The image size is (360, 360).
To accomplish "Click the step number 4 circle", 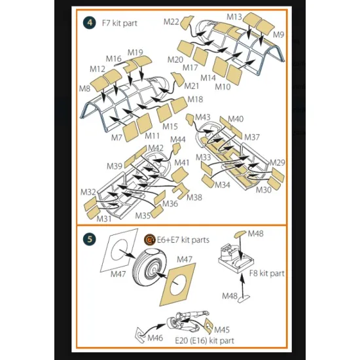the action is (90, 22).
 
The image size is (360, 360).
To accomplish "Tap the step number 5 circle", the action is (90, 239).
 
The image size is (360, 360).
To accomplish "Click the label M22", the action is (171, 22).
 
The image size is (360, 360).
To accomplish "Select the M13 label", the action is (234, 17).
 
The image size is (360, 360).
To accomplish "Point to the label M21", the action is (192, 86).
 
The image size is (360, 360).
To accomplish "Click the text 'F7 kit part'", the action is (119, 23).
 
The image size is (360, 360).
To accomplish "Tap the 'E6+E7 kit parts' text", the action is (183, 240).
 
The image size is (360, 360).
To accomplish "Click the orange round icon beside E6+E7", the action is (150, 240).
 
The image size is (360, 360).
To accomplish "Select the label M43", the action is (203, 117).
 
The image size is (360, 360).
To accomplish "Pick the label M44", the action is (178, 139).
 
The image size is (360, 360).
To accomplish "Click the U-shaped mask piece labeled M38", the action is (181, 191).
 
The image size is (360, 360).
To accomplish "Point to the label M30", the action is (264, 190).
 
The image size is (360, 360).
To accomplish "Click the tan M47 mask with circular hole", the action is (178, 285).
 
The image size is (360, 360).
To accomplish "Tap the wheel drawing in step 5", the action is (151, 268).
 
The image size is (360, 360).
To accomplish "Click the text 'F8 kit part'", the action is (267, 274).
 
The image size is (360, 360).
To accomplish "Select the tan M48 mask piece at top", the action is (240, 234).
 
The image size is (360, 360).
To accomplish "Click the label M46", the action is (155, 338).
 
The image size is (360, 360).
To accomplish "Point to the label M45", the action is (222, 330).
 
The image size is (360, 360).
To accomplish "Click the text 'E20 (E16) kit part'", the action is (205, 341).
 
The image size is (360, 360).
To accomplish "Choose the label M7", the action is (117, 137).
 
